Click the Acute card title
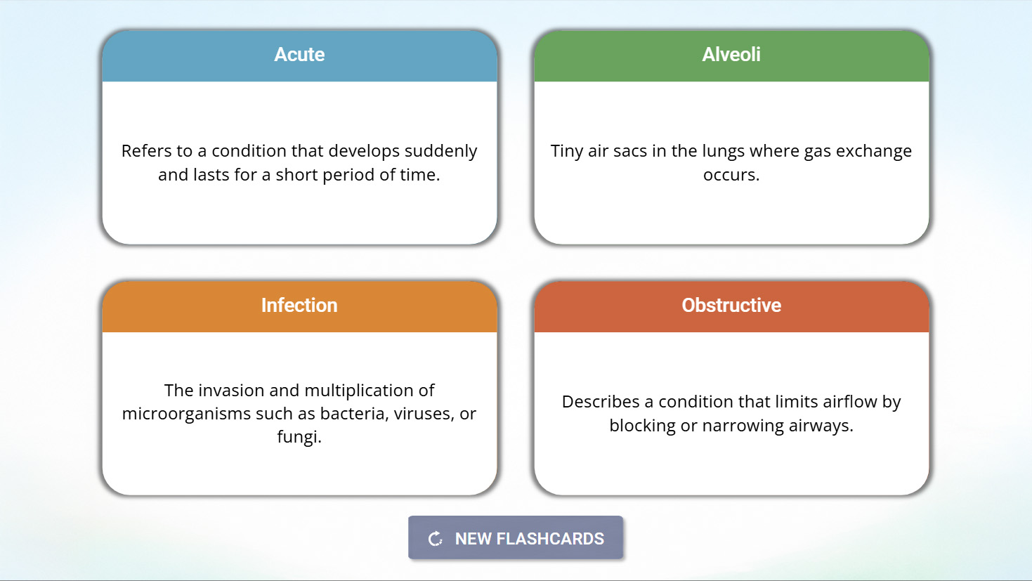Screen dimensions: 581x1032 pyautogui.click(x=299, y=55)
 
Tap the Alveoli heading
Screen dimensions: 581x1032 pyautogui.click(x=731, y=55)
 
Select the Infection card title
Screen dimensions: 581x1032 pyautogui.click(x=299, y=306)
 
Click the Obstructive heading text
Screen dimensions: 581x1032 pyautogui.click(x=731, y=306)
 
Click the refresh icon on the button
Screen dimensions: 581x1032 pyautogui.click(x=436, y=539)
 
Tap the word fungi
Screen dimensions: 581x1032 pyautogui.click(x=299, y=437)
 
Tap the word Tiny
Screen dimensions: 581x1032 pyautogui.click(x=567, y=152)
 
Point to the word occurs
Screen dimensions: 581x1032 pyautogui.click(x=731, y=175)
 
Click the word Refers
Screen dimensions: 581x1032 pyautogui.click(x=147, y=151)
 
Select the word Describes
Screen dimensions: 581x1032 pyautogui.click(x=601, y=402)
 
